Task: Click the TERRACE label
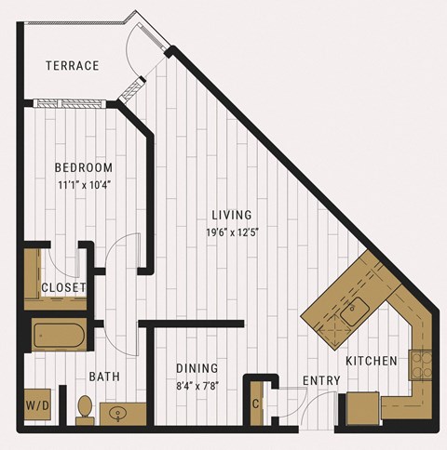(73, 65)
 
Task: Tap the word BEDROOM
(84, 167)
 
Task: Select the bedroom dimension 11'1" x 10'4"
(85, 185)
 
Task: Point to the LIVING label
(232, 215)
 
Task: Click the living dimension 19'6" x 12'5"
(233, 232)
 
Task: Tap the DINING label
(197, 368)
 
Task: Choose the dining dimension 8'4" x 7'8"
(197, 386)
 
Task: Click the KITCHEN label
(372, 361)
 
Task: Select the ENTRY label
(321, 380)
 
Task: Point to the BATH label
(104, 377)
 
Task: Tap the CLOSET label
(63, 287)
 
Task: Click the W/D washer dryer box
(37, 404)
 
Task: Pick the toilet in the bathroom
(85, 410)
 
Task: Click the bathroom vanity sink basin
(118, 413)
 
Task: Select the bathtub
(59, 336)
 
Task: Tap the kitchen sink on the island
(355, 311)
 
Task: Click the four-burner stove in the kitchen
(421, 365)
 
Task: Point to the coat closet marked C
(257, 404)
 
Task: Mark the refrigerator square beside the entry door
(362, 408)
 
